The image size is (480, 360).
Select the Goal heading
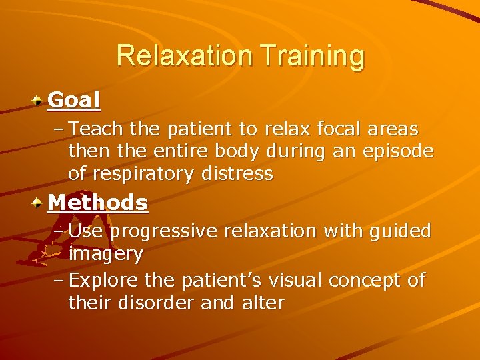[x=74, y=100]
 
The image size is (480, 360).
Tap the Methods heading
[x=98, y=202]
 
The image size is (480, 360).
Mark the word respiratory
[x=155, y=175]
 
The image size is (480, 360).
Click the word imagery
[x=105, y=254]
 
